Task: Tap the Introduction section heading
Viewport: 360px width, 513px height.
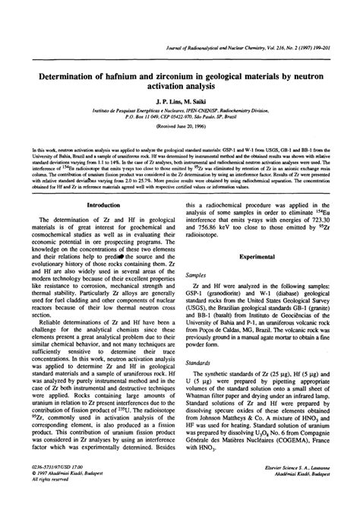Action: (105, 205)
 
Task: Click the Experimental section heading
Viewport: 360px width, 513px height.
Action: (261, 258)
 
